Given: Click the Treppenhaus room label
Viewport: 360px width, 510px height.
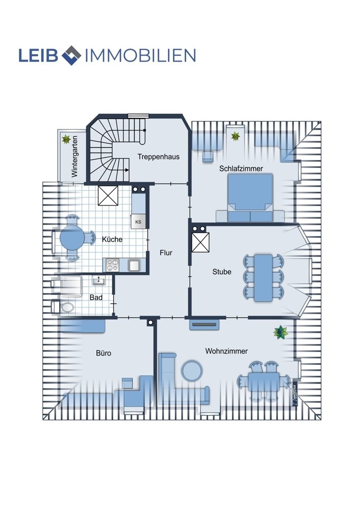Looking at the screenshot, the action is tap(159, 157).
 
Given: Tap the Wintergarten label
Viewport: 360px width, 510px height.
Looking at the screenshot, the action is tap(75, 157).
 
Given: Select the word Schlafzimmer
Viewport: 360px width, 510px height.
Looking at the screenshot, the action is tap(241, 168).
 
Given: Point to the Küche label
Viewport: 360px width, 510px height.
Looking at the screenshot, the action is tap(112, 239).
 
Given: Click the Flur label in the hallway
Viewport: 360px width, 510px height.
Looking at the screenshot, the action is tap(166, 253).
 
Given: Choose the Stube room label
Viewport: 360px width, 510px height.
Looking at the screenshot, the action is tap(222, 272).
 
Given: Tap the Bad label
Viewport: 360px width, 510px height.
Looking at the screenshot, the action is tap(96, 297).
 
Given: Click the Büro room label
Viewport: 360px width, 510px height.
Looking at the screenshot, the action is tap(104, 353).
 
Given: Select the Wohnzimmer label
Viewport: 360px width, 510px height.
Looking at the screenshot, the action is tap(226, 351).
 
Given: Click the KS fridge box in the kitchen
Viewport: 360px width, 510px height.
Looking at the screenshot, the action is tap(138, 222).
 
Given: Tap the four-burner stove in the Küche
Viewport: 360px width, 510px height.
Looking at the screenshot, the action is tap(112, 265).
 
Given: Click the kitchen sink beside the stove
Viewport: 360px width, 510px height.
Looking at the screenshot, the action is tap(134, 265).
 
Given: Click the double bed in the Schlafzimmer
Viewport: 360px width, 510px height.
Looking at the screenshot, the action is tap(250, 198).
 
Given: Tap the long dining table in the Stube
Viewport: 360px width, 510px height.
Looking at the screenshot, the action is tap(264, 278).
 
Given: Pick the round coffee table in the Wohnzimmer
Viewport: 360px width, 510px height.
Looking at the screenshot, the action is tap(192, 371).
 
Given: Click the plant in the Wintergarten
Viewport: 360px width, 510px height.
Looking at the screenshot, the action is tap(66, 140).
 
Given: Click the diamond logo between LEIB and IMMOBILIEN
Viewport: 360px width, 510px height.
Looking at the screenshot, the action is tap(71, 55).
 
